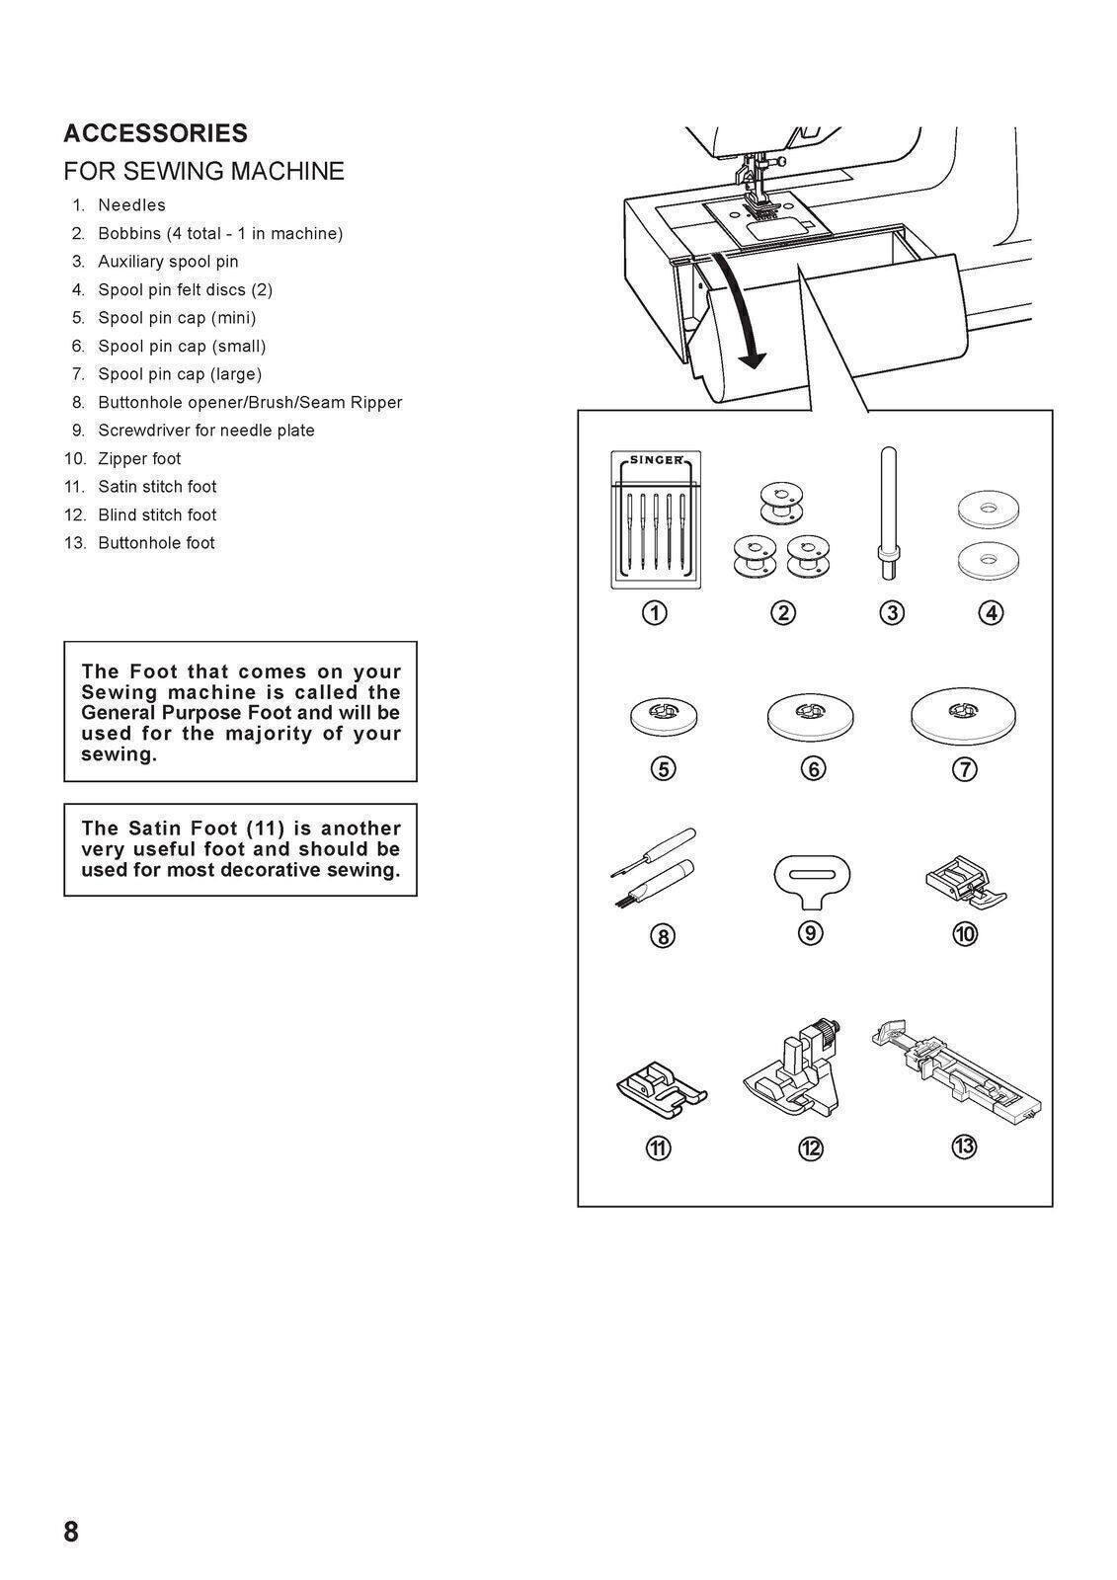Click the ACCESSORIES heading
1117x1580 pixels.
point(155,133)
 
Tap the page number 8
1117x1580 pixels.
point(71,1532)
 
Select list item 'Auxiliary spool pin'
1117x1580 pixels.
point(168,262)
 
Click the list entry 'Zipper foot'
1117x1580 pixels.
point(139,458)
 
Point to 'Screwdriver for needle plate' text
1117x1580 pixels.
point(205,431)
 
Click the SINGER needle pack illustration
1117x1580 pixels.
point(656,520)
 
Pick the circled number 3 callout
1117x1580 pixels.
point(892,613)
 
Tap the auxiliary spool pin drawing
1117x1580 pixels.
point(887,513)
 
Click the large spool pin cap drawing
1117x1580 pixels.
point(964,714)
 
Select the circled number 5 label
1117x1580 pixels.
point(664,768)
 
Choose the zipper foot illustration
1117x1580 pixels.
point(965,881)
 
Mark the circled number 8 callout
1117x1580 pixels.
point(663,935)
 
